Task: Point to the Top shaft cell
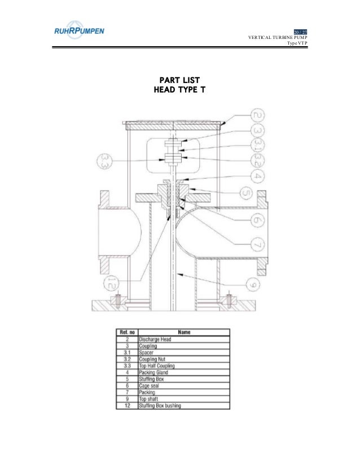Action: click(x=150, y=398)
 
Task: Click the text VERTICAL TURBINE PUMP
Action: click(x=278, y=38)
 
